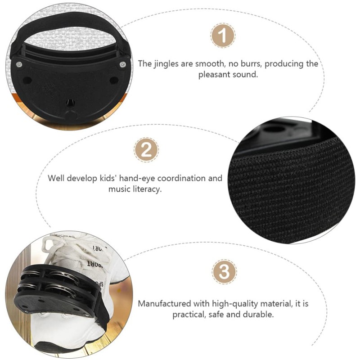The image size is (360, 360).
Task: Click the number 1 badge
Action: (x=222, y=36)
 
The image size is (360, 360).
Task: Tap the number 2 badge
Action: (x=146, y=150)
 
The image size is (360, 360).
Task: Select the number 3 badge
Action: (x=224, y=272)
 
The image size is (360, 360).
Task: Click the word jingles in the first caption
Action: (x=166, y=64)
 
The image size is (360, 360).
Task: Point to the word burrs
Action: (x=251, y=63)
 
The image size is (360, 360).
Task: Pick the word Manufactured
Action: (x=164, y=303)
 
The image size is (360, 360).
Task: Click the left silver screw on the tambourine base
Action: (x=19, y=64)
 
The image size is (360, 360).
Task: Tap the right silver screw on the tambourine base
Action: (x=123, y=64)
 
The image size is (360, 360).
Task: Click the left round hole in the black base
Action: (x=27, y=80)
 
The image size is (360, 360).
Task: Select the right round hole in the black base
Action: (x=114, y=81)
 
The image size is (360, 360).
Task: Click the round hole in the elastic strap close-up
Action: (x=274, y=129)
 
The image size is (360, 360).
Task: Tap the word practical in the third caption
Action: (x=189, y=315)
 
